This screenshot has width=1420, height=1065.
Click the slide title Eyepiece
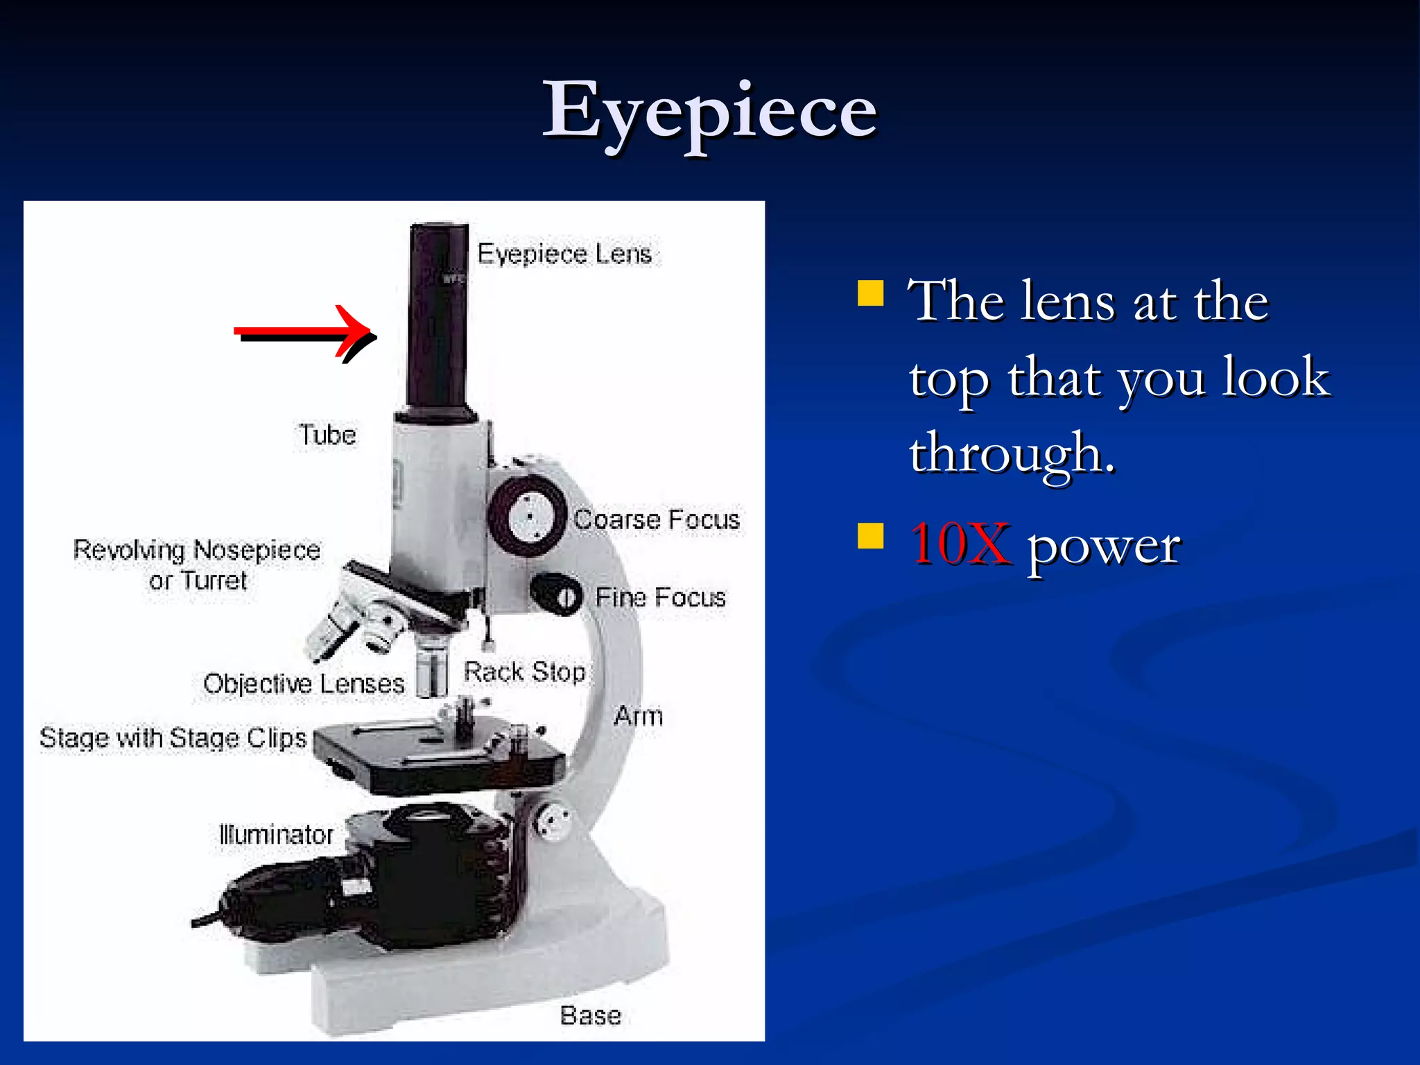click(x=709, y=111)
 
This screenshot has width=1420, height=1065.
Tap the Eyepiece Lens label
click(x=564, y=254)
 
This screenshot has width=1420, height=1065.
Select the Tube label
click(x=327, y=435)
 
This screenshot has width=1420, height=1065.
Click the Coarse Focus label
click(x=657, y=519)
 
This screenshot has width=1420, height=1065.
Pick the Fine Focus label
click(x=660, y=597)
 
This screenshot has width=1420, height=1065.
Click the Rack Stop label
click(x=524, y=671)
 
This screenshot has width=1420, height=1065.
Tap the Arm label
click(x=638, y=716)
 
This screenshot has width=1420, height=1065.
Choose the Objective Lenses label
click(x=304, y=684)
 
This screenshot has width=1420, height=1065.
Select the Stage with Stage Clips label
click(x=173, y=738)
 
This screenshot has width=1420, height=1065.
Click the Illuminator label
click(x=276, y=834)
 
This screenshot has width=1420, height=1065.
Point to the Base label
click(x=590, y=1015)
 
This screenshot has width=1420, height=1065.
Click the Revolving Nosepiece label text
click(x=197, y=551)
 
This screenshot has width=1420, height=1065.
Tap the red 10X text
click(x=960, y=544)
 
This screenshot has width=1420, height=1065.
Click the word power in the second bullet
click(x=1103, y=546)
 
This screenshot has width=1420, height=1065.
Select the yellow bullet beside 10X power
click(x=870, y=536)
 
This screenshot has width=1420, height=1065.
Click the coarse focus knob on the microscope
click(x=528, y=517)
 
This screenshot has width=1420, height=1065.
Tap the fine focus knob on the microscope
click(x=558, y=594)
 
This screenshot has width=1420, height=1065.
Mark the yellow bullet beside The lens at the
click(x=870, y=293)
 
